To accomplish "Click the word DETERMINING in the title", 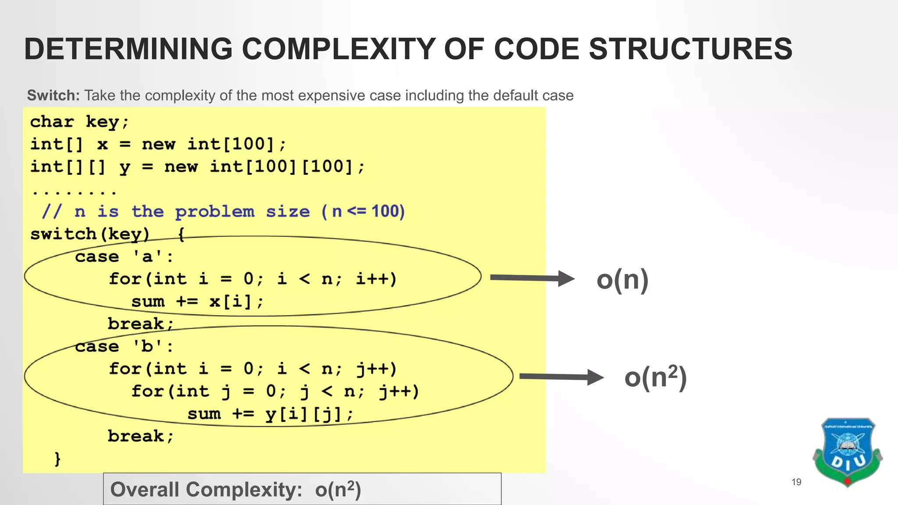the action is click(128, 49).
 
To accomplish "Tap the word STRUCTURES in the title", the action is click(690, 49).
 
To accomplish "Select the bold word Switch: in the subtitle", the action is click(53, 95).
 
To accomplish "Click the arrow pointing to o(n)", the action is click(531, 278).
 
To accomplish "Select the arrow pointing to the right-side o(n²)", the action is click(561, 377).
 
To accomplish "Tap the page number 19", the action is click(796, 482).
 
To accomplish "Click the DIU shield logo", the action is click(847, 452).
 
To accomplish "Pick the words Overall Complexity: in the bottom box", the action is click(206, 489).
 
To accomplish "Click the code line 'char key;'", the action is click(79, 122).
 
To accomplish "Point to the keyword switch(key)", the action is click(90, 234).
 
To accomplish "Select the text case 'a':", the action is click(124, 256).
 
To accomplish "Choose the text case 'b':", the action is click(124, 346).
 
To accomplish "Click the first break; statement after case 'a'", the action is click(141, 324).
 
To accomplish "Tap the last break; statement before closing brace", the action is click(141, 436).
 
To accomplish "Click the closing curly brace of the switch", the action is click(57, 459).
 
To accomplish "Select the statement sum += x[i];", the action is click(197, 302).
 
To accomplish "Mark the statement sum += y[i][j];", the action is click(270, 414).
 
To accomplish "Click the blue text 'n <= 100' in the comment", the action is click(368, 212).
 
